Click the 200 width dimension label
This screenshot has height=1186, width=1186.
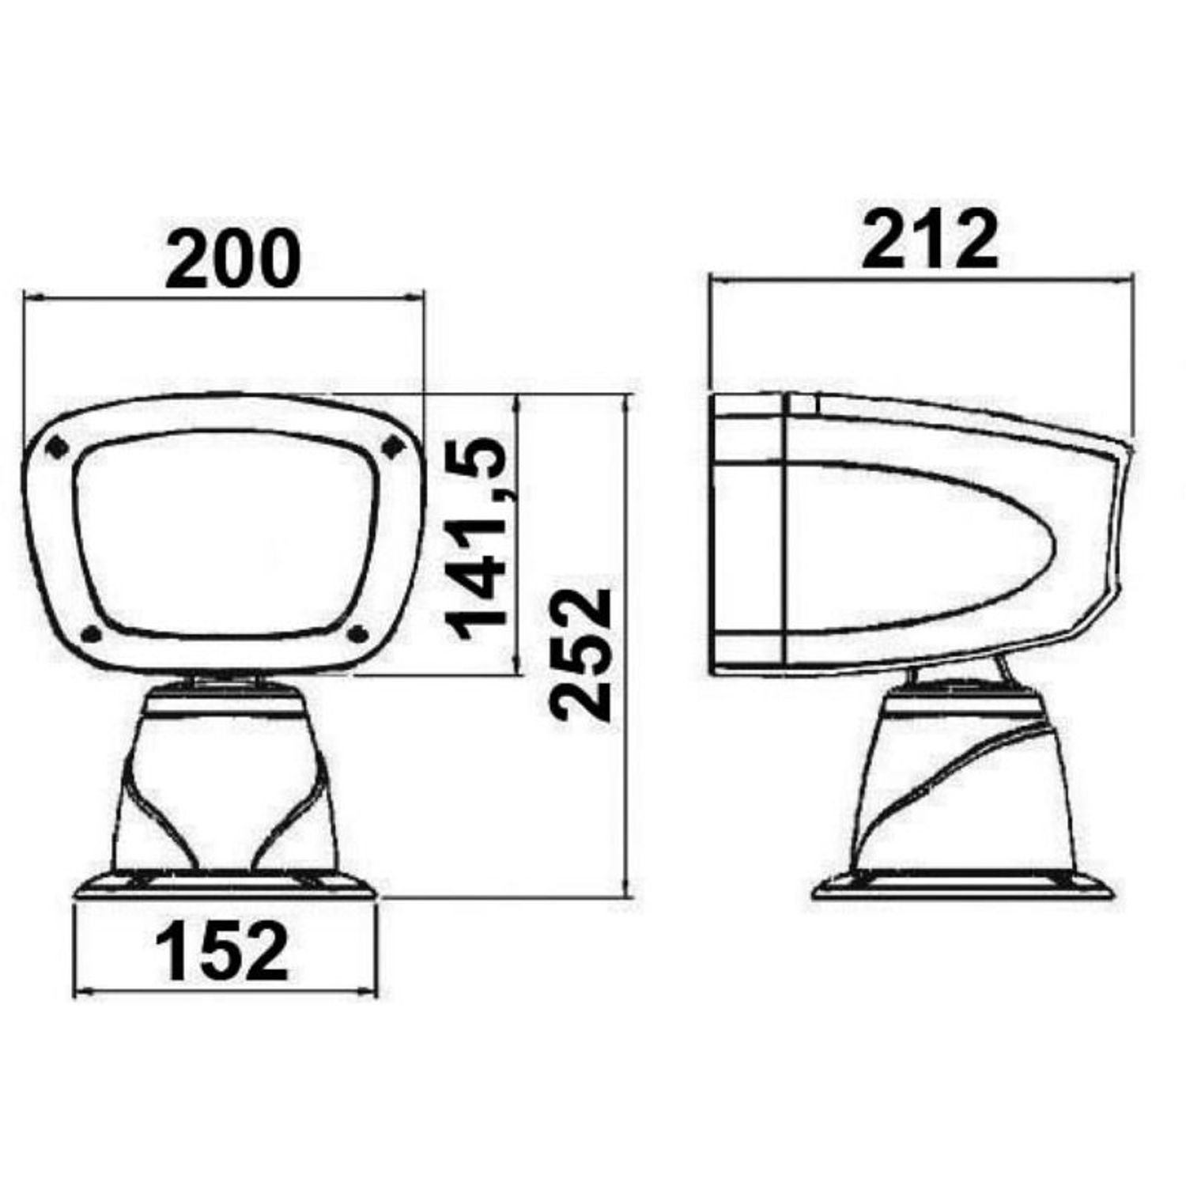pos(233,258)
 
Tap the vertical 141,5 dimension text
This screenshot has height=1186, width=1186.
pos(477,541)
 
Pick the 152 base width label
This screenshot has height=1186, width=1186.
pos(222,952)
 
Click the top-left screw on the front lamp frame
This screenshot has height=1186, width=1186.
pos(57,447)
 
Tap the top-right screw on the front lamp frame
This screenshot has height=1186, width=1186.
pos(391,448)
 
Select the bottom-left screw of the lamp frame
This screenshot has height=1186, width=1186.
pos(92,633)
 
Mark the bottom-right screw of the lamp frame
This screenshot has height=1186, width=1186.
pos(358,632)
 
